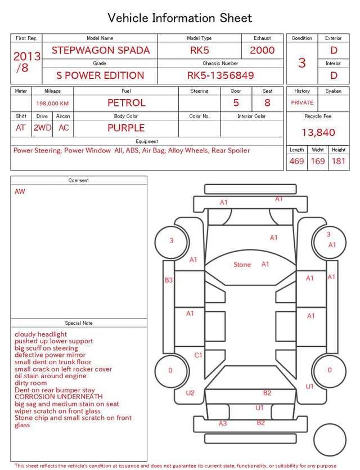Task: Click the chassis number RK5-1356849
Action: [220, 75]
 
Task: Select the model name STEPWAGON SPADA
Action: [101, 50]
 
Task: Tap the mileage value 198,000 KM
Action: [52, 104]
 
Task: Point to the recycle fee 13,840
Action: [318, 132]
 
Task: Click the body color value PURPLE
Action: [126, 128]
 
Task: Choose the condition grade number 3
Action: [302, 63]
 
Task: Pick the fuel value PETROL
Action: [127, 103]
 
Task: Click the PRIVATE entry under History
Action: [302, 102]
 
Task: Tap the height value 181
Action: [339, 161]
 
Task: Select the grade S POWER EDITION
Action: [100, 75]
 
